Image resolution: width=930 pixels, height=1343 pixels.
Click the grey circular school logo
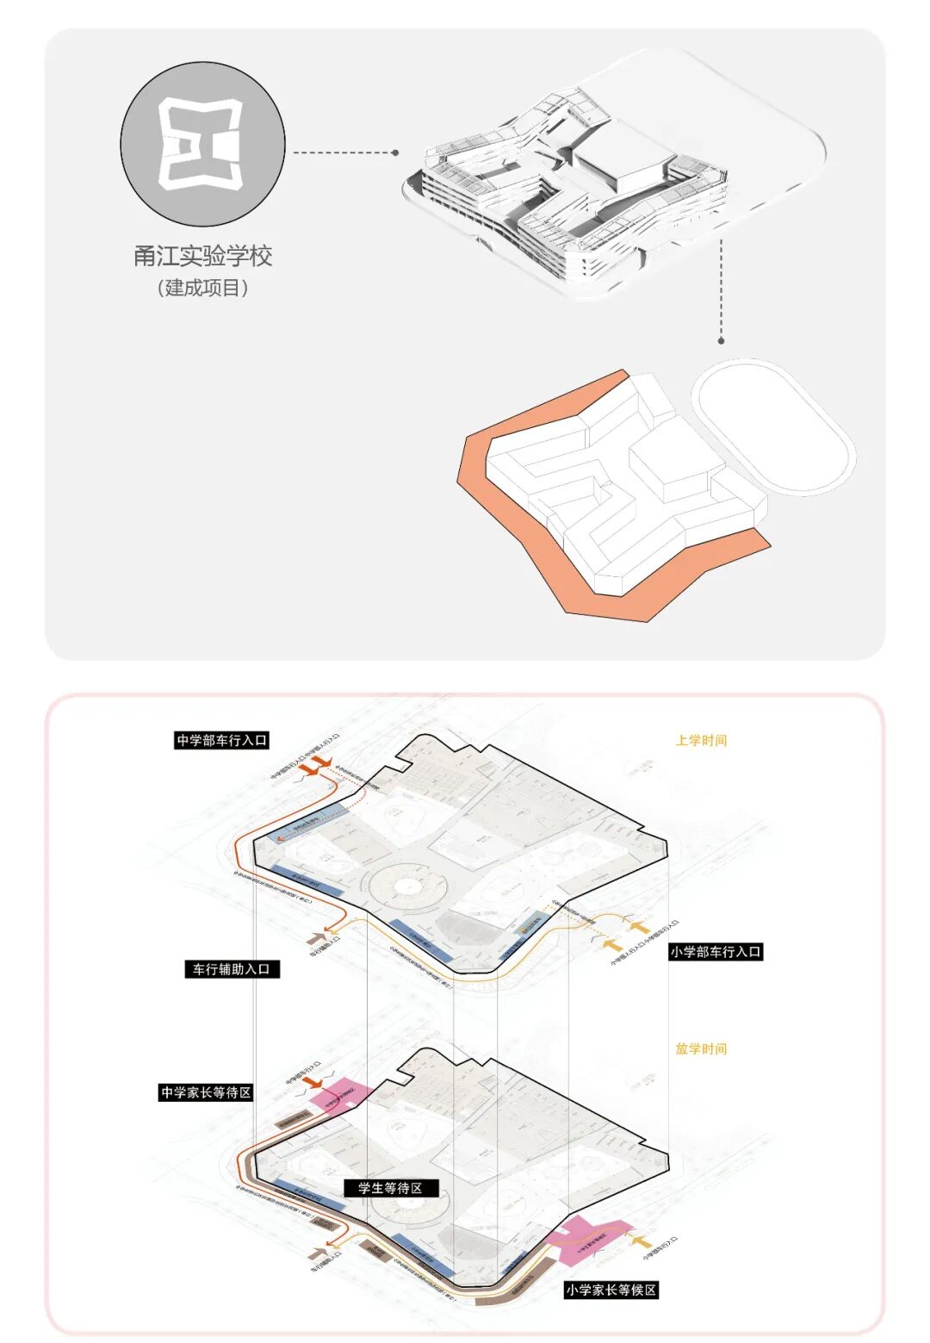pos(202,145)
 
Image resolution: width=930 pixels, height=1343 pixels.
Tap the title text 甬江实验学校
pos(202,256)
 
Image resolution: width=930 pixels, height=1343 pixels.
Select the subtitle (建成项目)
pos(202,288)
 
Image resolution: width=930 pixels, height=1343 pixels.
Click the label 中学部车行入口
pos(222,740)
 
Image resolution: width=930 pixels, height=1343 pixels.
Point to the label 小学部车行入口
pos(716,952)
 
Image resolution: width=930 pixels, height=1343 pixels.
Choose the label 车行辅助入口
pos(232,969)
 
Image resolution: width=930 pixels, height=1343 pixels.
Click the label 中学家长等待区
pos(206,1092)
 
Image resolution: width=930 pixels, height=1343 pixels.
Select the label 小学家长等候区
pos(611,1290)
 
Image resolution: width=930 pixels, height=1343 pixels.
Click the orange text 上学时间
pos(701,740)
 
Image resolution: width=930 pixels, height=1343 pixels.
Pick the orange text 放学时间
pos(701,1048)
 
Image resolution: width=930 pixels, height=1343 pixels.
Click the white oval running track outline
pos(773,426)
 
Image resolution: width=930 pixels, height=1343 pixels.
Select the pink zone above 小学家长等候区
pos(588,1241)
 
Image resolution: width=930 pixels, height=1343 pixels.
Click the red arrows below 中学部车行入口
pos(318,764)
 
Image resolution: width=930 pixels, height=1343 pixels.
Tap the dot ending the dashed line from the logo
pos(395,152)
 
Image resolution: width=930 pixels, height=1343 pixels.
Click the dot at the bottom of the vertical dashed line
pos(722,341)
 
